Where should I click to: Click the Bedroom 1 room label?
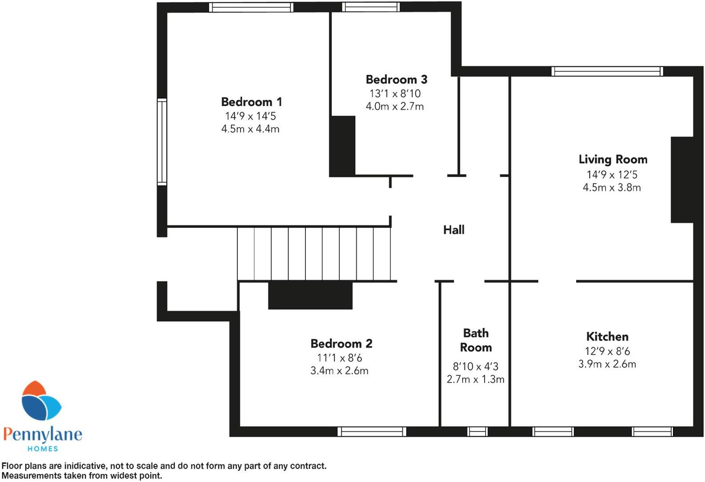[x=252, y=102]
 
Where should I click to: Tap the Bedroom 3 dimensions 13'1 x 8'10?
[x=395, y=93]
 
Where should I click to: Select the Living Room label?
[x=613, y=159]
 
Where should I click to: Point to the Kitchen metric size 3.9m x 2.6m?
[x=607, y=364]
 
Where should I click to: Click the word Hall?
[x=453, y=230]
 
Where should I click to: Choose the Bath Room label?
[x=476, y=340]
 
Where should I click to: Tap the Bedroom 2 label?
[x=341, y=344]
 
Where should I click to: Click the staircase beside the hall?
[x=314, y=254]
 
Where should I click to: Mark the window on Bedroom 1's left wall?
[x=162, y=142]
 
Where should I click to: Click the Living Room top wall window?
[x=607, y=71]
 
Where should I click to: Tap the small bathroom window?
[x=477, y=431]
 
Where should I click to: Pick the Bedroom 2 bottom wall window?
[x=372, y=431]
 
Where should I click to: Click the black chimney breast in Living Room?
[x=682, y=180]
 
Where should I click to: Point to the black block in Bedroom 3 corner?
[x=343, y=146]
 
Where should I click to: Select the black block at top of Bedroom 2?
[x=310, y=295]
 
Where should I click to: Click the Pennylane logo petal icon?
[x=41, y=402]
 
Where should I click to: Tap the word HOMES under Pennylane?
[x=43, y=449]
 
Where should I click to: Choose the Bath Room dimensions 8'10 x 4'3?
[x=475, y=367]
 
